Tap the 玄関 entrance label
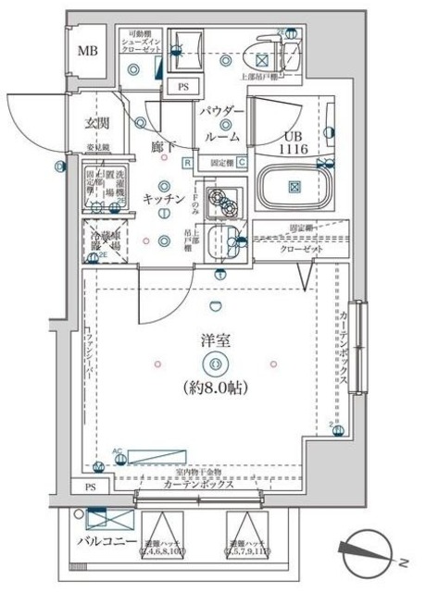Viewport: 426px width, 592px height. point(98,122)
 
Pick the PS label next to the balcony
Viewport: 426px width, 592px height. point(90,487)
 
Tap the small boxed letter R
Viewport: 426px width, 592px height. point(187,164)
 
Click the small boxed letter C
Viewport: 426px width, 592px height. point(241,164)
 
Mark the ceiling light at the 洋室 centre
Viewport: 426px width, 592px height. point(217,364)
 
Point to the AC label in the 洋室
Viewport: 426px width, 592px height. point(117,452)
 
